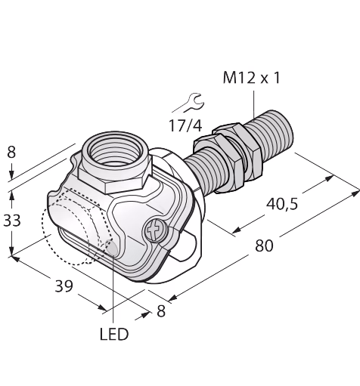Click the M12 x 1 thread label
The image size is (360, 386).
pyautogui.click(x=251, y=78)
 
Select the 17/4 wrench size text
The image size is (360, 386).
pyautogui.click(x=185, y=125)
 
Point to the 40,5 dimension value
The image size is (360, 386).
pyautogui.click(x=282, y=204)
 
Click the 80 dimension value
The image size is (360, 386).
pyautogui.click(x=264, y=245)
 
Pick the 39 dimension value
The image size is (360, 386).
pyautogui.click(x=64, y=286)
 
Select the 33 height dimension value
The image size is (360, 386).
pyautogui.click(x=11, y=221)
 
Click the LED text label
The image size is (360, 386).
pyautogui.click(x=114, y=334)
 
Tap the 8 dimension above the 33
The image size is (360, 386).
pyautogui.click(x=11, y=153)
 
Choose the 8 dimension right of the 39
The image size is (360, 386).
pyautogui.click(x=161, y=311)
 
